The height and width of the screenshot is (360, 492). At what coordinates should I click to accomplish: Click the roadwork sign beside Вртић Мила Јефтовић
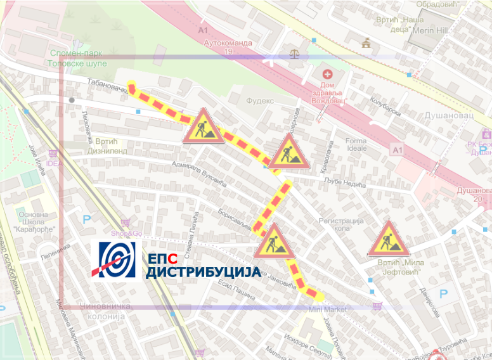[x=386, y=239]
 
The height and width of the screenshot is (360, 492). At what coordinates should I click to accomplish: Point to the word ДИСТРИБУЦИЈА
[x=203, y=272]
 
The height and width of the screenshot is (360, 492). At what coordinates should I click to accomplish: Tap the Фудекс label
[x=259, y=100]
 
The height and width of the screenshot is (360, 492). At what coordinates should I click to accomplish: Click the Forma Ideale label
[x=356, y=145]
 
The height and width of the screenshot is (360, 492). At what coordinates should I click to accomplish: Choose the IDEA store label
[x=55, y=163]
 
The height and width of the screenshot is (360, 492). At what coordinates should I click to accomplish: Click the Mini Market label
[x=328, y=309]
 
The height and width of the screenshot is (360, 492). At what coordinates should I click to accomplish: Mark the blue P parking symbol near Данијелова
[x=444, y=294]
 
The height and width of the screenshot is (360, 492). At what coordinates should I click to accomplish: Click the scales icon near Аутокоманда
[x=294, y=54]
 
